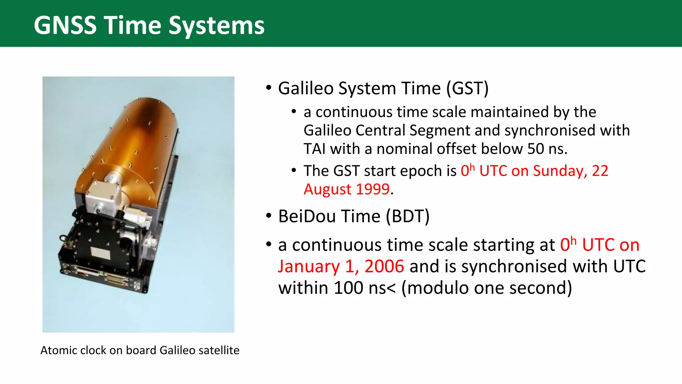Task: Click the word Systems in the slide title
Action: point(216,26)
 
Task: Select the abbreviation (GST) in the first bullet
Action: point(467,89)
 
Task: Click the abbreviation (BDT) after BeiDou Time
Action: point(408,216)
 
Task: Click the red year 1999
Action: point(373,189)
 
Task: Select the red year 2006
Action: point(384,267)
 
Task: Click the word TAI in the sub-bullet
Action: point(314,149)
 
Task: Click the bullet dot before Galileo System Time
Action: point(269,88)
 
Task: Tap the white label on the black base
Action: point(101,253)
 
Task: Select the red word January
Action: point(309,267)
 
